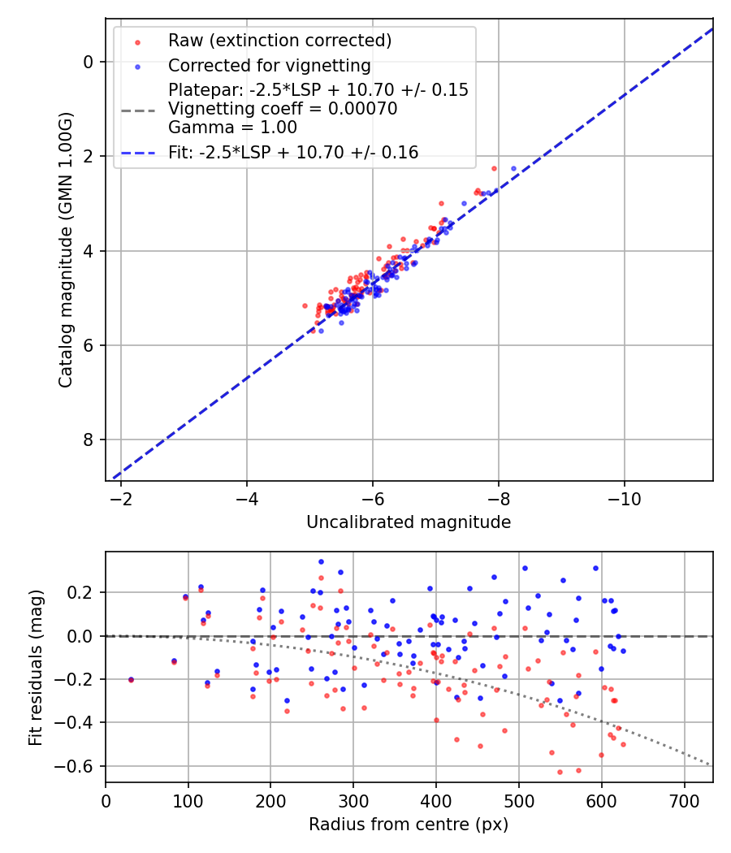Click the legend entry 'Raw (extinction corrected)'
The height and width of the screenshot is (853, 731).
pyautogui.click(x=279, y=41)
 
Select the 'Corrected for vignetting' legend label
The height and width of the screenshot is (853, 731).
pyautogui.click(x=269, y=66)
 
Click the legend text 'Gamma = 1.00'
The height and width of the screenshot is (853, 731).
pyautogui.click(x=232, y=128)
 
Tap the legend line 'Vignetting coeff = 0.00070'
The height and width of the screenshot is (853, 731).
pyautogui.click(x=283, y=109)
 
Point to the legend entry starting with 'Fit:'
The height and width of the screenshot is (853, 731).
pyautogui.click(x=293, y=152)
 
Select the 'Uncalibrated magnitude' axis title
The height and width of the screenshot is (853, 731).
pyautogui.click(x=409, y=522)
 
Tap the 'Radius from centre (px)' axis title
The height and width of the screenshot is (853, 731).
pyautogui.click(x=409, y=825)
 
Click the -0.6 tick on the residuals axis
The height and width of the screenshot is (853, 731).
pyautogui.click(x=79, y=766)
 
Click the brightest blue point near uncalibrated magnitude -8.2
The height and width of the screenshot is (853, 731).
pyautogui.click(x=513, y=168)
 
